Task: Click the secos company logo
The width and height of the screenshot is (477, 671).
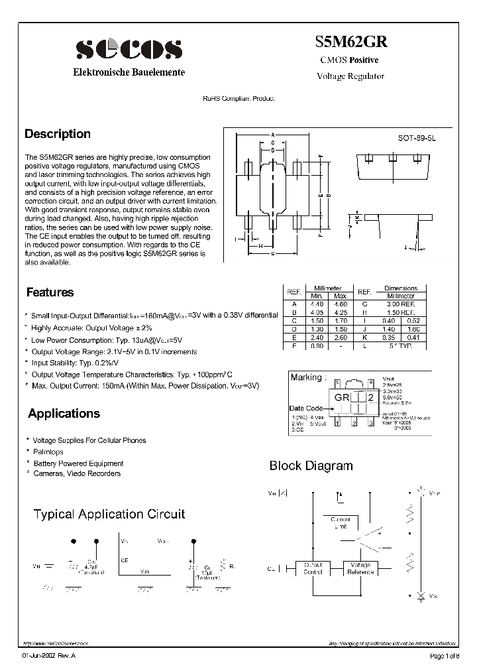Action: (129, 50)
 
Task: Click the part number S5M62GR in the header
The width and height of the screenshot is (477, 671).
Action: (351, 41)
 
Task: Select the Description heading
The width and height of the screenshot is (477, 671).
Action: (58, 134)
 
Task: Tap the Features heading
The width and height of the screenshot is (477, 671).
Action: (50, 292)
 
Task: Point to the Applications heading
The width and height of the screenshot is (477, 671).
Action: (64, 414)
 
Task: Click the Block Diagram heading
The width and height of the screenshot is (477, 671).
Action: (311, 466)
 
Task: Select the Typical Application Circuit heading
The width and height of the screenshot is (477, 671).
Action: (109, 515)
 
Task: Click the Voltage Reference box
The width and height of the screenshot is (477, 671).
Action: (360, 568)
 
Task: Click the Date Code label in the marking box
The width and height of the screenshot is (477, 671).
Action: (306, 408)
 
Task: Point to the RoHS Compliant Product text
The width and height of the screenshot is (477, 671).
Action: (238, 98)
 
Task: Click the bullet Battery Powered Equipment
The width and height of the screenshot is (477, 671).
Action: (78, 463)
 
